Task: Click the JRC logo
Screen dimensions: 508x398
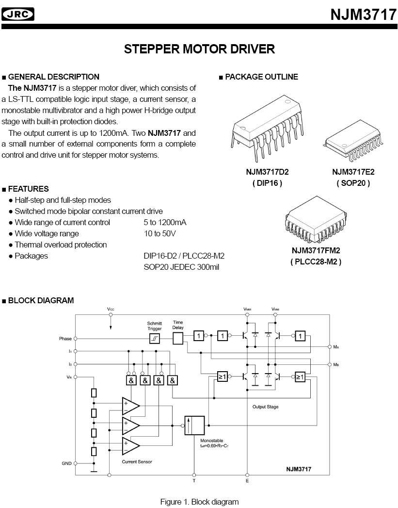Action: pyautogui.click(x=18, y=15)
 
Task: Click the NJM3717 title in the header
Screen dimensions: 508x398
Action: pyautogui.click(x=364, y=15)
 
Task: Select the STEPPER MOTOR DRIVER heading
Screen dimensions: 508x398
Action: pyautogui.click(x=199, y=49)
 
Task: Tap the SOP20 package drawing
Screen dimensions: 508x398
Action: pyautogui.click(x=354, y=143)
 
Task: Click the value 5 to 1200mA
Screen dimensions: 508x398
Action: pyautogui.click(x=165, y=222)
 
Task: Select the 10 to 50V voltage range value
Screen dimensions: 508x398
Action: pyautogui.click(x=159, y=233)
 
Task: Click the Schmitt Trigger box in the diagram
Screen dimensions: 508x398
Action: pyautogui.click(x=154, y=338)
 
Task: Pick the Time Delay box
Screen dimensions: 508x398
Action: pyautogui.click(x=178, y=338)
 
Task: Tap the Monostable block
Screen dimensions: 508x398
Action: pyautogui.click(x=194, y=425)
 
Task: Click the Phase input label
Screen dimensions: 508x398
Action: pyautogui.click(x=65, y=339)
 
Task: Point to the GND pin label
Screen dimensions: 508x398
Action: pyautogui.click(x=66, y=463)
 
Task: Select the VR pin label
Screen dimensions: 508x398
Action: pyautogui.click(x=68, y=376)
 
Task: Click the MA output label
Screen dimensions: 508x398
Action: pyautogui.click(x=336, y=347)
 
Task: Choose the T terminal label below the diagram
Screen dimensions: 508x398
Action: pyautogui.click(x=194, y=481)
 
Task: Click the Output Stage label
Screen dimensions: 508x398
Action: pyautogui.click(x=265, y=407)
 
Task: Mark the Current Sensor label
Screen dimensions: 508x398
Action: pyautogui.click(x=137, y=461)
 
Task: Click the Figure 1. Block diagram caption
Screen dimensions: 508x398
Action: pyautogui.click(x=199, y=502)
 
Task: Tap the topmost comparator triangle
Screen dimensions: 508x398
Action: pyautogui.click(x=130, y=406)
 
